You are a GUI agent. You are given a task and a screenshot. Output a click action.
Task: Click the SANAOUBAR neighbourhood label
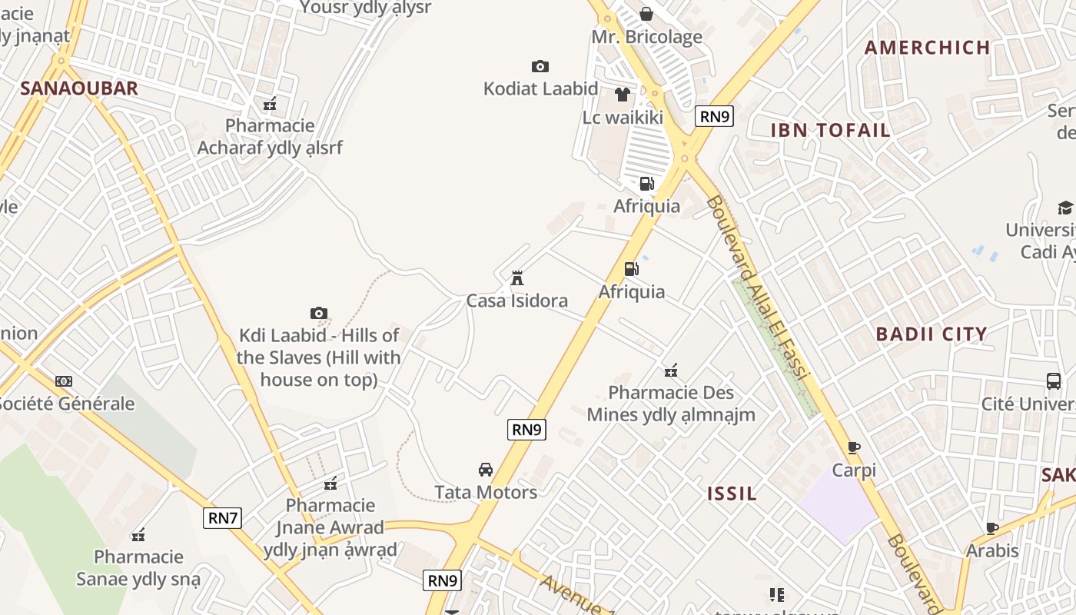[78, 88]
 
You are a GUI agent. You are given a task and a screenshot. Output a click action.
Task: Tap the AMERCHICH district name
[927, 48]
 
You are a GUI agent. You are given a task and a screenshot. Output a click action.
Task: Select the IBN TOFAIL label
[830, 130]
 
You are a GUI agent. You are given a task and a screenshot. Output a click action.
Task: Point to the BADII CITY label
[932, 334]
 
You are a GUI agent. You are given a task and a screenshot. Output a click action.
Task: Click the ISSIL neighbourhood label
[732, 494]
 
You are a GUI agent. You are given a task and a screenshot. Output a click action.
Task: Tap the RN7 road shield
[223, 518]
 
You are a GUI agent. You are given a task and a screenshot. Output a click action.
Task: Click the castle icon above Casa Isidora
[517, 278]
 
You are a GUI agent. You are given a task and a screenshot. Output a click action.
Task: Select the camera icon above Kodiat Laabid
[540, 67]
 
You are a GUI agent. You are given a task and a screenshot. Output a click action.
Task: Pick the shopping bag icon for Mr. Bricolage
[646, 14]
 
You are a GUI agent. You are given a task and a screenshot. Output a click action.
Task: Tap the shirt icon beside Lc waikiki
[622, 95]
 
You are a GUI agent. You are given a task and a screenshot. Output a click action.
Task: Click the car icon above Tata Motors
[486, 469]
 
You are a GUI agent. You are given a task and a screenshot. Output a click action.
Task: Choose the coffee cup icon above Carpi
[853, 447]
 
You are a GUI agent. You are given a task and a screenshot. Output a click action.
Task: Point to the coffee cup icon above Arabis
[992, 528]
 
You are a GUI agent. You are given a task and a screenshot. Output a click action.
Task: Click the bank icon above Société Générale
[64, 381]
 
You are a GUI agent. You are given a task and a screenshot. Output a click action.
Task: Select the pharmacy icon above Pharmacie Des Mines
[671, 371]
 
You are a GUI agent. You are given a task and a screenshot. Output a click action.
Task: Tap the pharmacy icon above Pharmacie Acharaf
[270, 103]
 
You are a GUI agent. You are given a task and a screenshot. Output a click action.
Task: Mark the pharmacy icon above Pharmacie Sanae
[138, 534]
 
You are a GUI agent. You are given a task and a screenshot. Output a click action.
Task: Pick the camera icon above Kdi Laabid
[319, 313]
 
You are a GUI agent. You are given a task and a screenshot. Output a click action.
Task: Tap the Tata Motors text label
[486, 492]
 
